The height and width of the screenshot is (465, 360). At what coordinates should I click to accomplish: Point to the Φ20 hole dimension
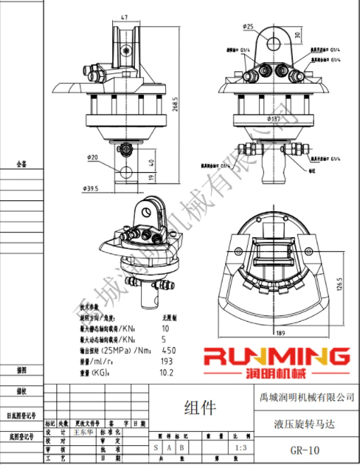(92, 157)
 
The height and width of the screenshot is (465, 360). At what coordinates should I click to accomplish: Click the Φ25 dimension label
(248, 26)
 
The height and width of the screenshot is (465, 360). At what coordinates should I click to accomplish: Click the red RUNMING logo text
(276, 356)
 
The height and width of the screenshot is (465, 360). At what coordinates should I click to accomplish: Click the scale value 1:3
(240, 447)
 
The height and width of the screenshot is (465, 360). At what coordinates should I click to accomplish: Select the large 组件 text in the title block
(200, 408)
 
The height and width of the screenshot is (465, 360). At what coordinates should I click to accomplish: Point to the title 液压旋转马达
(306, 425)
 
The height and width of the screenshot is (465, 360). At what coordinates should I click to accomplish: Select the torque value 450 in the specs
(170, 350)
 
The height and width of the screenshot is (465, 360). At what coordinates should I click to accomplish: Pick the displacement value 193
(168, 361)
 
